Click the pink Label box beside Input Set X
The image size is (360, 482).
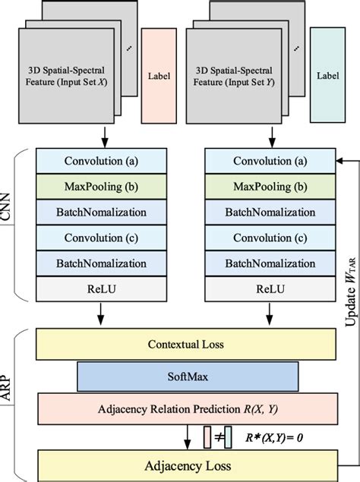(158, 76)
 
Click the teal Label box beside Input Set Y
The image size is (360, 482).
(328, 76)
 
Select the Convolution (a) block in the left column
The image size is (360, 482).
(102, 161)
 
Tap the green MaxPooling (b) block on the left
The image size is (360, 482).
(102, 187)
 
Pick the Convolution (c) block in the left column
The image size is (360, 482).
(102, 238)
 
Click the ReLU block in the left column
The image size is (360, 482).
(102, 288)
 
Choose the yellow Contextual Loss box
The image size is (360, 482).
(186, 345)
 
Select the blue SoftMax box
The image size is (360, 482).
(186, 377)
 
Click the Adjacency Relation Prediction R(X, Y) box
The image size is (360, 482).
(186, 410)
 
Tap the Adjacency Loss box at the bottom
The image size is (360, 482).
(186, 465)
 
